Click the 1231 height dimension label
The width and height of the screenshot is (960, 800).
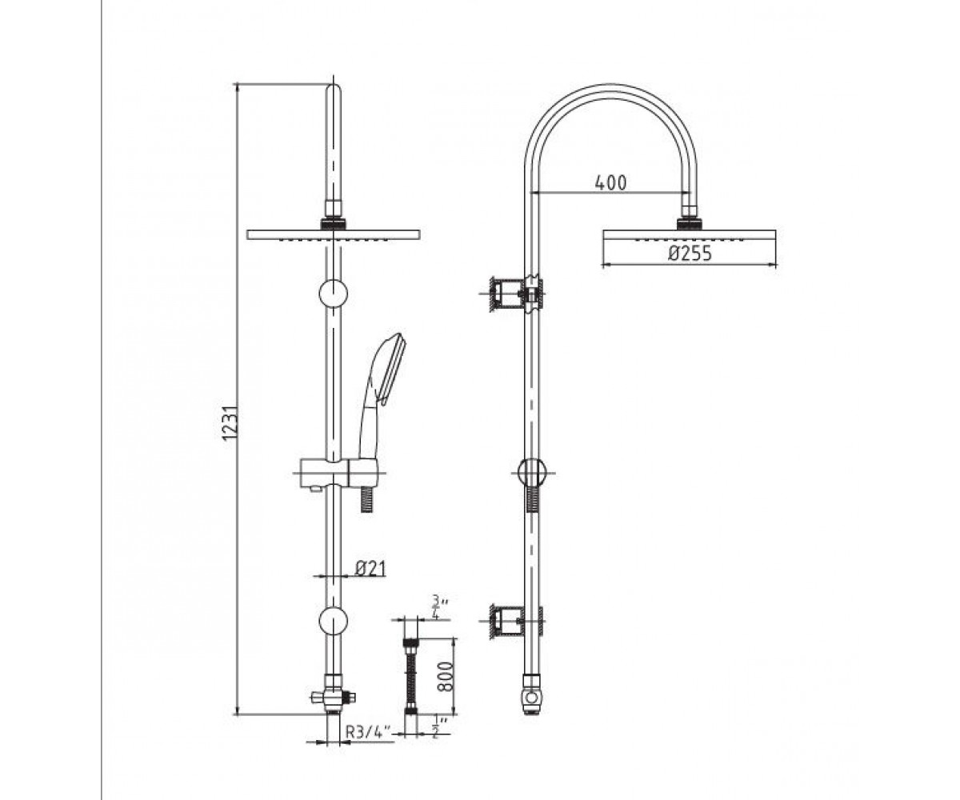231,422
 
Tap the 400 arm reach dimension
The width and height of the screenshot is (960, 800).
610,183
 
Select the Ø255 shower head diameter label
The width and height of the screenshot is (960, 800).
690,254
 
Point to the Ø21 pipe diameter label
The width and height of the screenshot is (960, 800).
370,568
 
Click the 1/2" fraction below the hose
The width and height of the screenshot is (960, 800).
437,726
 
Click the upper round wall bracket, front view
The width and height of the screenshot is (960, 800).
334,294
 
